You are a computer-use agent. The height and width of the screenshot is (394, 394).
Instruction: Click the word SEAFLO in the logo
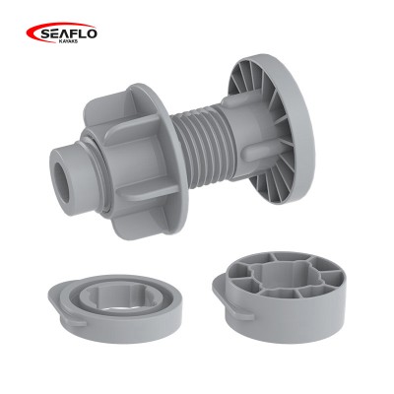[x=69, y=33]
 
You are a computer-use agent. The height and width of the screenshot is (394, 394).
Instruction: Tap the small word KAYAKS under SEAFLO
[x=68, y=41]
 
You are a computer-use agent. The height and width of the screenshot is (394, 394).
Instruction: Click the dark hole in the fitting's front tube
[x=62, y=182]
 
